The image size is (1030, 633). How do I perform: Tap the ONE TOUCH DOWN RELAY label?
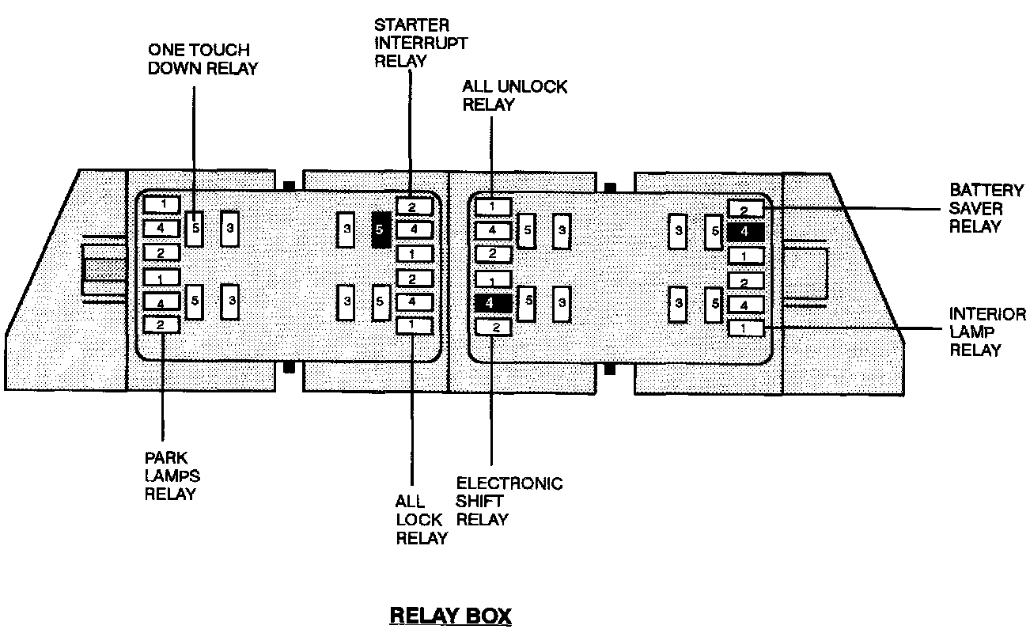[203, 59]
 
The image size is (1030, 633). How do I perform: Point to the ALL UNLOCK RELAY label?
[514, 95]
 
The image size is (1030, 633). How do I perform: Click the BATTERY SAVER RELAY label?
[986, 208]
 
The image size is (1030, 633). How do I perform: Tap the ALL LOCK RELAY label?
[421, 520]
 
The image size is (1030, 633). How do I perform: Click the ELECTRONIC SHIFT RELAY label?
[509, 501]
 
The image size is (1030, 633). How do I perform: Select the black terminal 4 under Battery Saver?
[744, 232]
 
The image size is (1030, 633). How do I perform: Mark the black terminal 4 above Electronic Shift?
[491, 301]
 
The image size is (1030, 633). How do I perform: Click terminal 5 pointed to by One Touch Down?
[195, 229]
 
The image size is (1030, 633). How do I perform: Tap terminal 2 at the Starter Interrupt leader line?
[414, 207]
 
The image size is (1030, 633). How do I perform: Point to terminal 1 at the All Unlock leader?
[491, 207]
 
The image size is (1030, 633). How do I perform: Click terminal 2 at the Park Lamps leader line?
[161, 324]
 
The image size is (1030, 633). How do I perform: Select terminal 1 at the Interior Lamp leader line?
[744, 328]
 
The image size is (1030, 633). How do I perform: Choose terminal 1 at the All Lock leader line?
[414, 324]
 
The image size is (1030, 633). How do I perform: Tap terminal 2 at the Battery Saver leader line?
[744, 210]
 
